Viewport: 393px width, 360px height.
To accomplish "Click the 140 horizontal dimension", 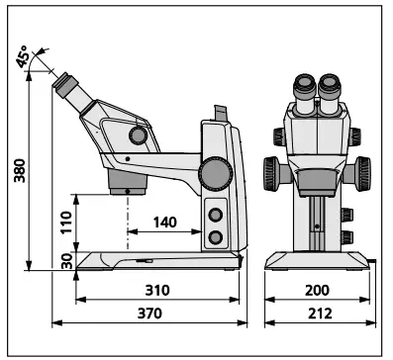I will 165,223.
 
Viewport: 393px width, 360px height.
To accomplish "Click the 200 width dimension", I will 317,290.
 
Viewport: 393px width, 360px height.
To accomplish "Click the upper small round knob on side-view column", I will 215,216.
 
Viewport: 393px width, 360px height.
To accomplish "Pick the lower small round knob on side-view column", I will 215,237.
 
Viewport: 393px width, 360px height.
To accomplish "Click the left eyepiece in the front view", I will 303,89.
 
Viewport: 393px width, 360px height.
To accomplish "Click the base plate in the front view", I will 316,259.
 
